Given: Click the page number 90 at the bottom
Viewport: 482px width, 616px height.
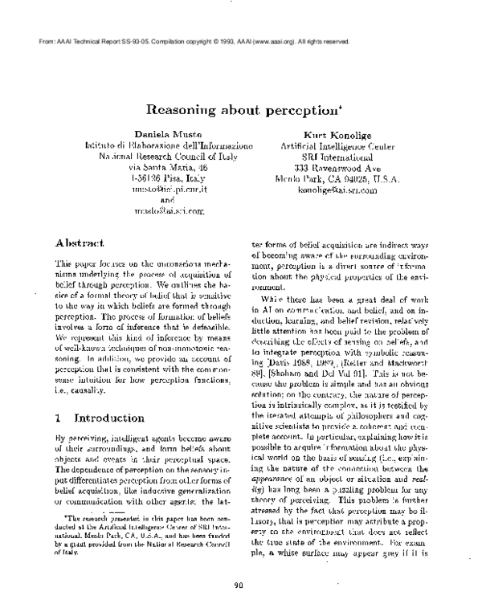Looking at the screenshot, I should pyautogui.click(x=239, y=585).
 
